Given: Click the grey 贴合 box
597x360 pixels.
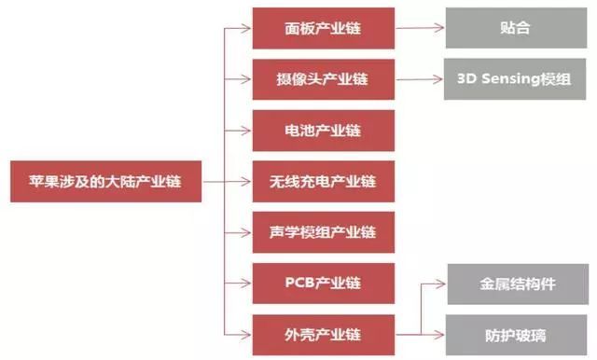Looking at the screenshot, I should click(x=514, y=28).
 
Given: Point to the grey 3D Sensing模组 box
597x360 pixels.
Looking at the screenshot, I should click(x=514, y=78).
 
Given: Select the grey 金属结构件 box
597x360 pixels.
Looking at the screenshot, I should click(x=514, y=282).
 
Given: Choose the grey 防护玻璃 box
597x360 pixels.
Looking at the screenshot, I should click(x=514, y=331).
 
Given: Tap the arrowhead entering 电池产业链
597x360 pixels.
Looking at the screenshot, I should click(x=247, y=129).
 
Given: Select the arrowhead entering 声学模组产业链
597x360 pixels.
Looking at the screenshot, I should click(x=247, y=230).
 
